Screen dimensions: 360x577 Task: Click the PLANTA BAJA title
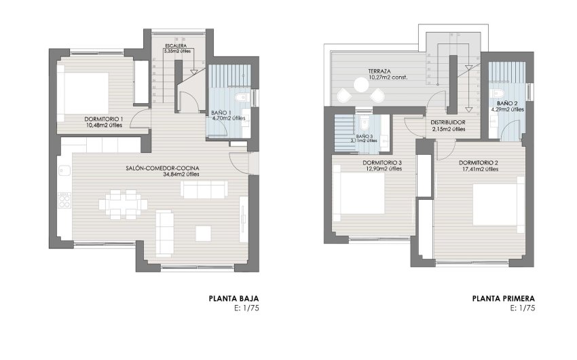234,298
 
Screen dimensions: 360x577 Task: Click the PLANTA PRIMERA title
503,298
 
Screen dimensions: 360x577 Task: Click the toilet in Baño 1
242,98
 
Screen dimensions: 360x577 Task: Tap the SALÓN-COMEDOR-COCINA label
162,168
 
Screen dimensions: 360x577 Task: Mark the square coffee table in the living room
204,233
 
